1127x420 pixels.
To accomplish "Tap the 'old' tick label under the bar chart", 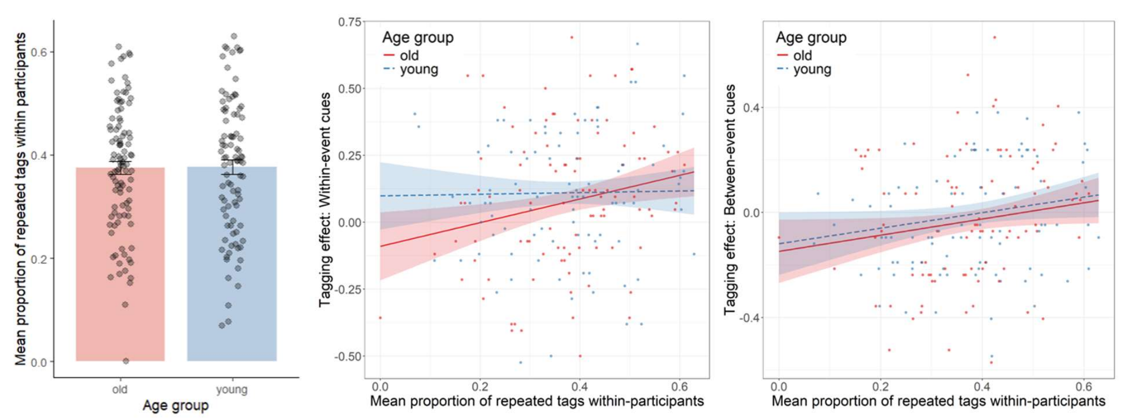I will (120, 389).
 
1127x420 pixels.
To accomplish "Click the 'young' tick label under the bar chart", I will (231, 389).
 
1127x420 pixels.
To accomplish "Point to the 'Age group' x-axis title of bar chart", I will (175, 405).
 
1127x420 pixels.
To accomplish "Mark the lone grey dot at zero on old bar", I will (126, 361).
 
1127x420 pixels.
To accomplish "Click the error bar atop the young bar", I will (232, 166).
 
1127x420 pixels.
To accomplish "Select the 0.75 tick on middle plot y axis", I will (349, 22).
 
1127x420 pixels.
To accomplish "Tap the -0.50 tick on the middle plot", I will (348, 357).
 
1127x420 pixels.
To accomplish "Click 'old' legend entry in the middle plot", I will (409, 55).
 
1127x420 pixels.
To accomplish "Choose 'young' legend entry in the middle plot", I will (419, 69).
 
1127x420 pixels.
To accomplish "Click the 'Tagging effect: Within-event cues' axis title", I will (325, 199).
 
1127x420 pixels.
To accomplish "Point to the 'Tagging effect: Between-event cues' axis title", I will (730, 199).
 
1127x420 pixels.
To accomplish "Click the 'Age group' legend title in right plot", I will (811, 37).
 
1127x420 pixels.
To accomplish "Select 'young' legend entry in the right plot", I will (812, 69).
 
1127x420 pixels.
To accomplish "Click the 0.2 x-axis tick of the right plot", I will (880, 387).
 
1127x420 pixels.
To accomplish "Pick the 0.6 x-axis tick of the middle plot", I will (679, 387).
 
